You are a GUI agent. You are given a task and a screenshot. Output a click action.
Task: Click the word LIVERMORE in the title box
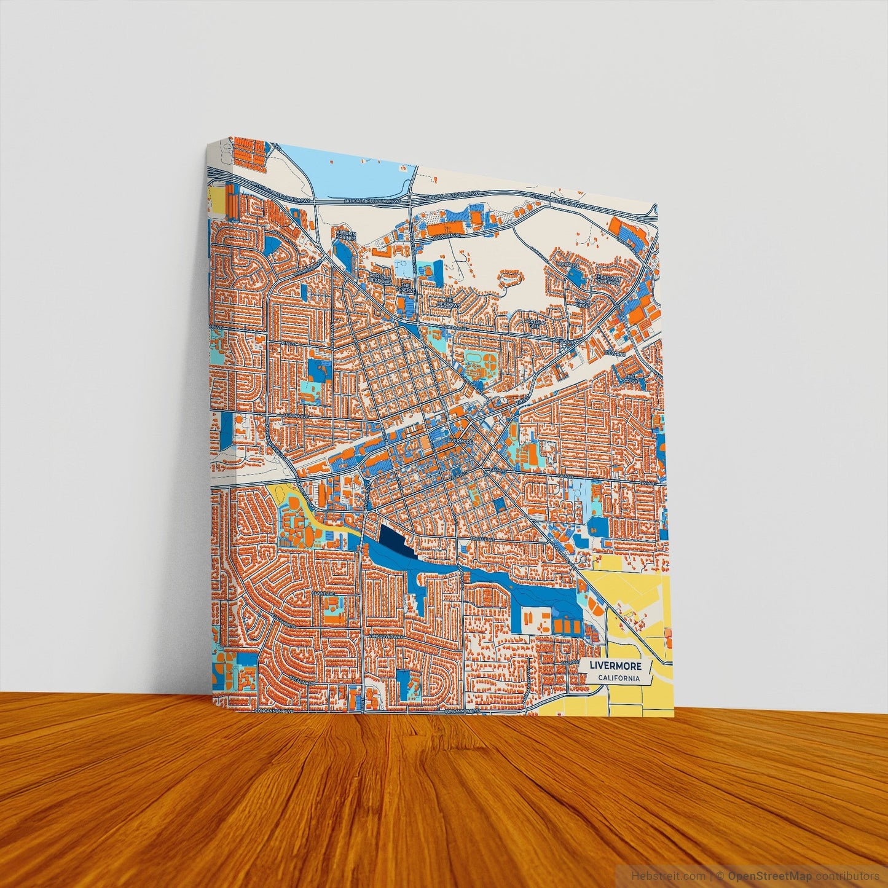click(615, 666)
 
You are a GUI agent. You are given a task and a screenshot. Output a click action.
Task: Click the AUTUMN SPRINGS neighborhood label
click(345, 236)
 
